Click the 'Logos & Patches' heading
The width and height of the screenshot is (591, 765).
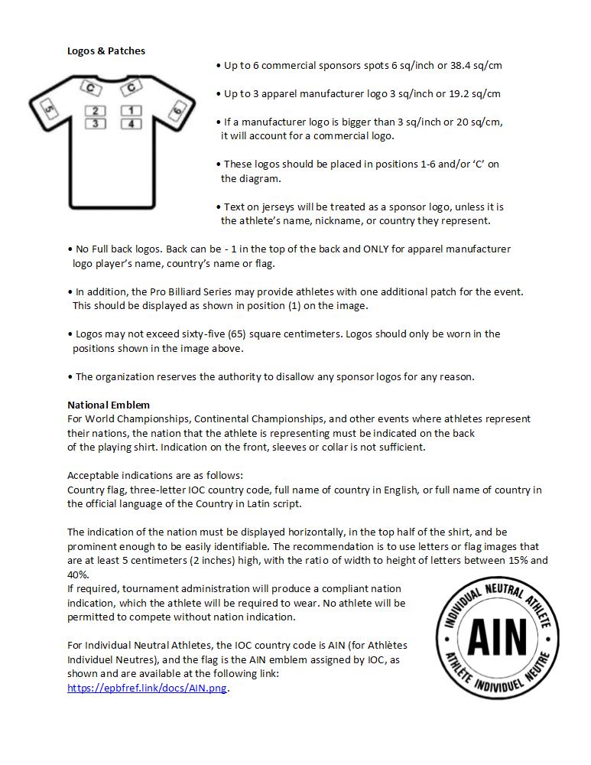tap(106, 51)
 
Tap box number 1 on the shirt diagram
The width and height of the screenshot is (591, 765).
tap(131, 111)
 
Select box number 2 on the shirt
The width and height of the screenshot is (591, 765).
tap(96, 111)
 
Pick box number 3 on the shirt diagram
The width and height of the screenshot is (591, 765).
tap(96, 123)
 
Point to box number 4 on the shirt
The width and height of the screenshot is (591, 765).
tap(131, 123)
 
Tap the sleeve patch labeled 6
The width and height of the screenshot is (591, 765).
tap(177, 112)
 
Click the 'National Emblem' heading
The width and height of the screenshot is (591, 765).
tap(109, 405)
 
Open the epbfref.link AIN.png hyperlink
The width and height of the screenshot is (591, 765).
tap(148, 688)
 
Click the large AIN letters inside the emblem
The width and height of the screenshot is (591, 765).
tap(497, 636)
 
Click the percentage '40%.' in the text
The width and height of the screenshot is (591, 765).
tap(79, 575)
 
